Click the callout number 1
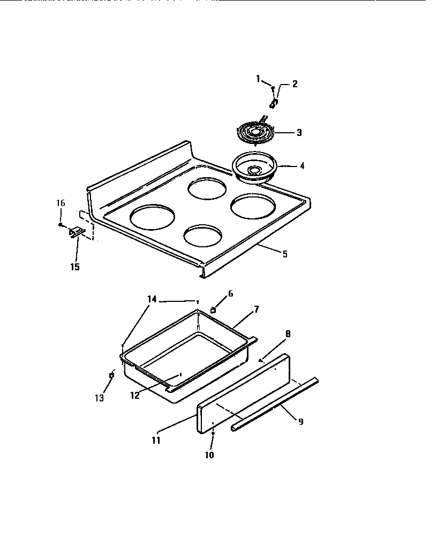[258, 79]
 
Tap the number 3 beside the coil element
[299, 132]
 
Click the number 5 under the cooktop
[284, 254]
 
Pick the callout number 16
[61, 203]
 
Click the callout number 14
[152, 299]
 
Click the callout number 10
[209, 455]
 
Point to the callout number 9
[300, 421]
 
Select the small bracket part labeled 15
[76, 232]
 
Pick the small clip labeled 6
[213, 309]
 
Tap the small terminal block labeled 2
[274, 102]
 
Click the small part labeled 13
[111, 375]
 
